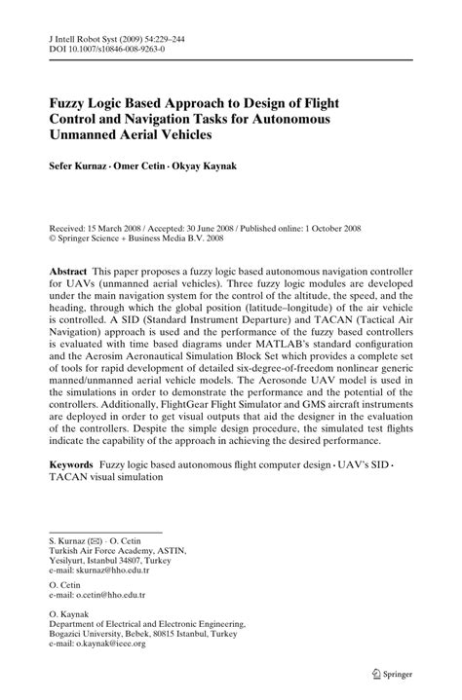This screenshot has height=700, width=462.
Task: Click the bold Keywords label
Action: [79, 465]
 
